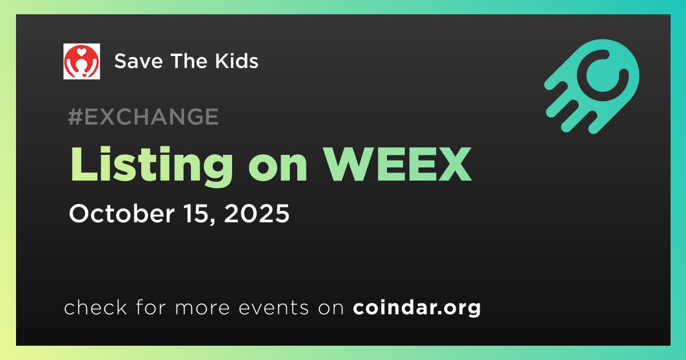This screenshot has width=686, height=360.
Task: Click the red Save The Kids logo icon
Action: [81, 61]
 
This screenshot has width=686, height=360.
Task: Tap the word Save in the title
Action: [138, 61]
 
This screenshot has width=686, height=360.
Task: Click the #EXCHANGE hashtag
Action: [143, 117]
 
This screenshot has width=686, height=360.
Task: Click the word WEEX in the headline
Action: [398, 164]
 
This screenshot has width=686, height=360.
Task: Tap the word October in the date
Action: [122, 213]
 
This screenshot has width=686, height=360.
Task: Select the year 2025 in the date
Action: [257, 213]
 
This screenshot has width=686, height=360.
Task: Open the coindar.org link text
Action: [417, 307]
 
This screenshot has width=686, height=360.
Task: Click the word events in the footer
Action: [273, 307]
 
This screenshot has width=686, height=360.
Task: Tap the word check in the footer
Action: [95, 307]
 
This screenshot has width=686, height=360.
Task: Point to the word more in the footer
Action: [202, 308]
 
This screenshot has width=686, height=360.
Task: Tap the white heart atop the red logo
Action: [81, 51]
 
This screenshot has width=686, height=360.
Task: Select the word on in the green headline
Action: [277, 169]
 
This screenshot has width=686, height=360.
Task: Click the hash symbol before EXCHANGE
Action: [74, 117]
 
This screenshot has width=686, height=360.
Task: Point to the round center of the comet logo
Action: [603, 75]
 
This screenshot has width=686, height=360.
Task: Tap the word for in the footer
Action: [151, 307]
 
